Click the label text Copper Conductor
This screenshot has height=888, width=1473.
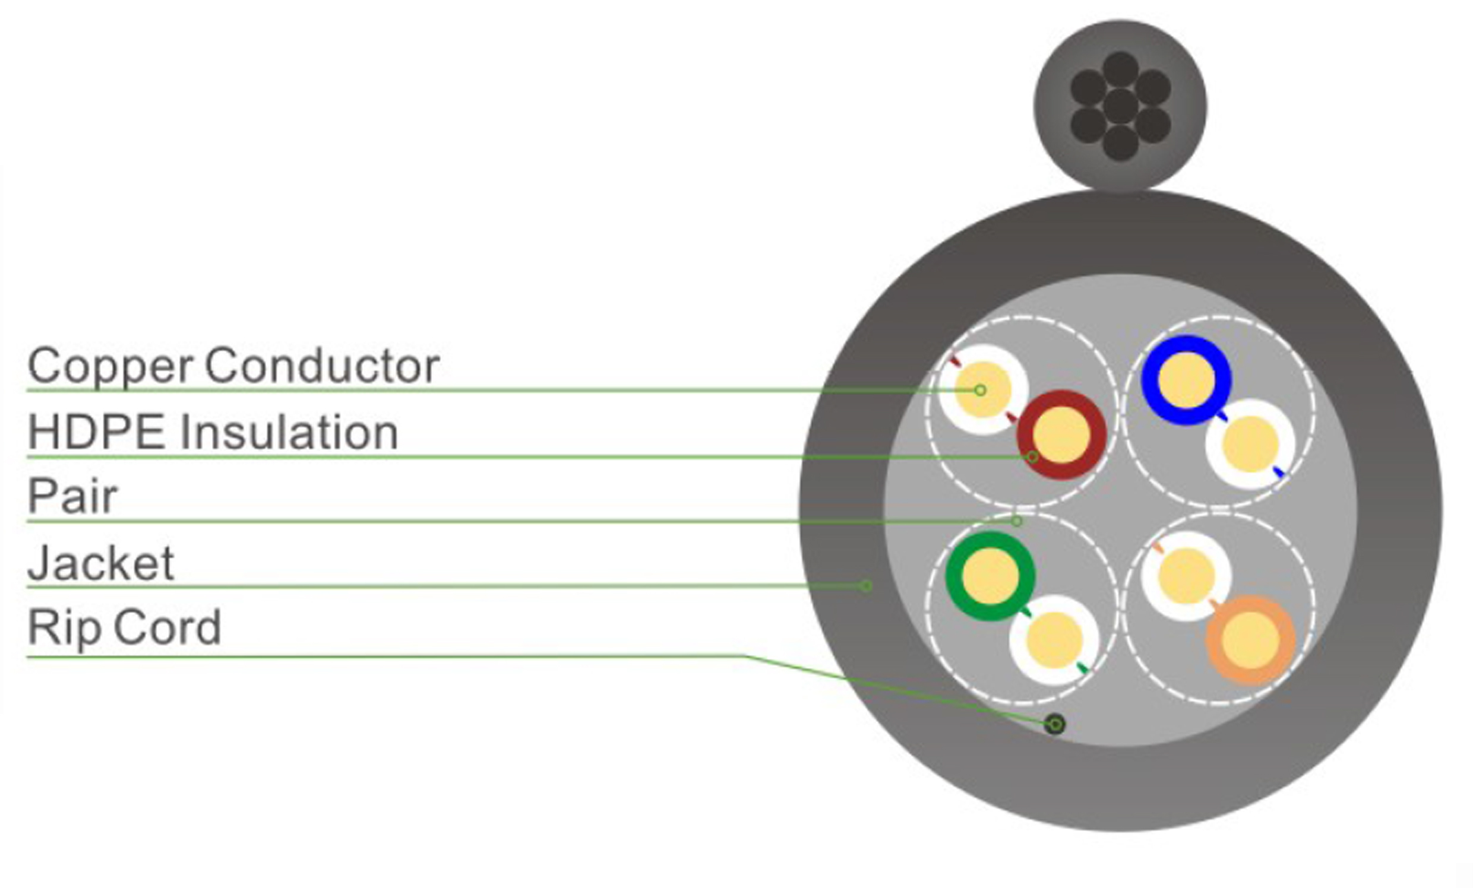point(233,366)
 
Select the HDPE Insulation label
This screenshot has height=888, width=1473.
point(213,432)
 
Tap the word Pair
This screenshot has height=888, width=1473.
point(72,496)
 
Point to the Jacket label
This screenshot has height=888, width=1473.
point(100,563)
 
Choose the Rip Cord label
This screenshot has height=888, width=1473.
point(124,627)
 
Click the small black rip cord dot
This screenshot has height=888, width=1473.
point(1055,725)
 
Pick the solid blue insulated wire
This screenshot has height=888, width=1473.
point(1186,380)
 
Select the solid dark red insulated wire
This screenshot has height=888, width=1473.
point(1061,435)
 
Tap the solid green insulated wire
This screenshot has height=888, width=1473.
point(990,576)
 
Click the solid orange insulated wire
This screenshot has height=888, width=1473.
point(1251,640)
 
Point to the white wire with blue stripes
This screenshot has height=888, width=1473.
point(1250,444)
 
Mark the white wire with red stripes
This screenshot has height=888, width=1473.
point(983,389)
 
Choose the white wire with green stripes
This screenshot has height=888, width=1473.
point(1054,640)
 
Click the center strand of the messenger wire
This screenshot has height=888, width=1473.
point(1120,106)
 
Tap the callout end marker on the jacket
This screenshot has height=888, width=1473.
point(865,586)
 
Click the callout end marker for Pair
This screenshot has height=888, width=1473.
point(1016,521)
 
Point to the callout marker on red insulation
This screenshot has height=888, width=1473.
point(1032,457)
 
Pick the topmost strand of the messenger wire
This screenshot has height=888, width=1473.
point(1120,69)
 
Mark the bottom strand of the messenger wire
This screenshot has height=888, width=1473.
point(1120,144)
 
